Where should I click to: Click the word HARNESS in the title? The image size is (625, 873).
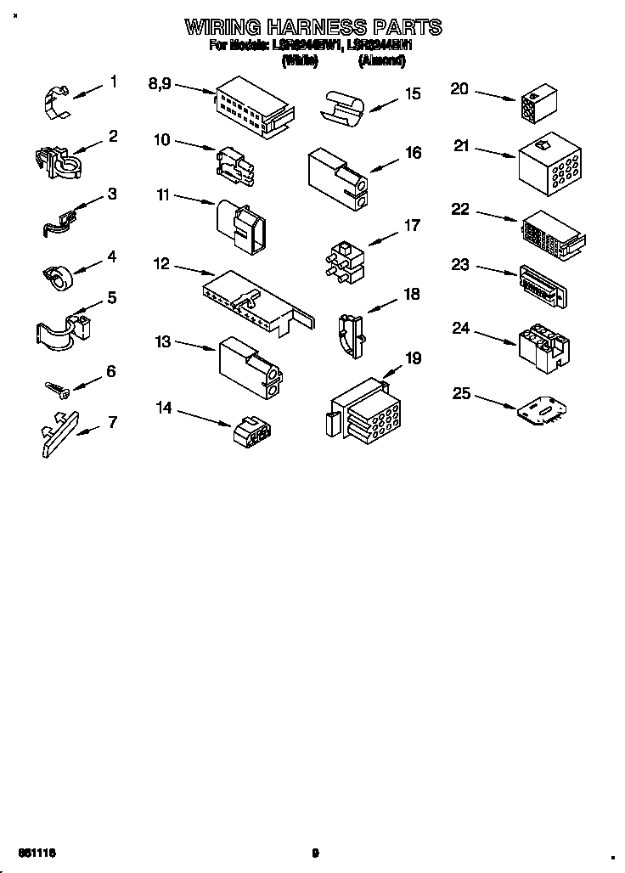pos(315,27)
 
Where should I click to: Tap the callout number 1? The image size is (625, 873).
pos(113,82)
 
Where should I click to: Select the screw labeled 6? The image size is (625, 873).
pos(59,388)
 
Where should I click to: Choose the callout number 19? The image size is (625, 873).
pos(413,358)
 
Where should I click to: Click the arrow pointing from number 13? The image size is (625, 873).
pos(195,346)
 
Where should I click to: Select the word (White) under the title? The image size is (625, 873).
pos(300,61)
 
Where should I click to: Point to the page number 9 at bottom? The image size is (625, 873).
pos(315,853)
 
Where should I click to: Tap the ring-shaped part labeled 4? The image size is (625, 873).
pos(57,277)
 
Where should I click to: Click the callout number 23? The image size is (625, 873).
pos(460,265)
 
